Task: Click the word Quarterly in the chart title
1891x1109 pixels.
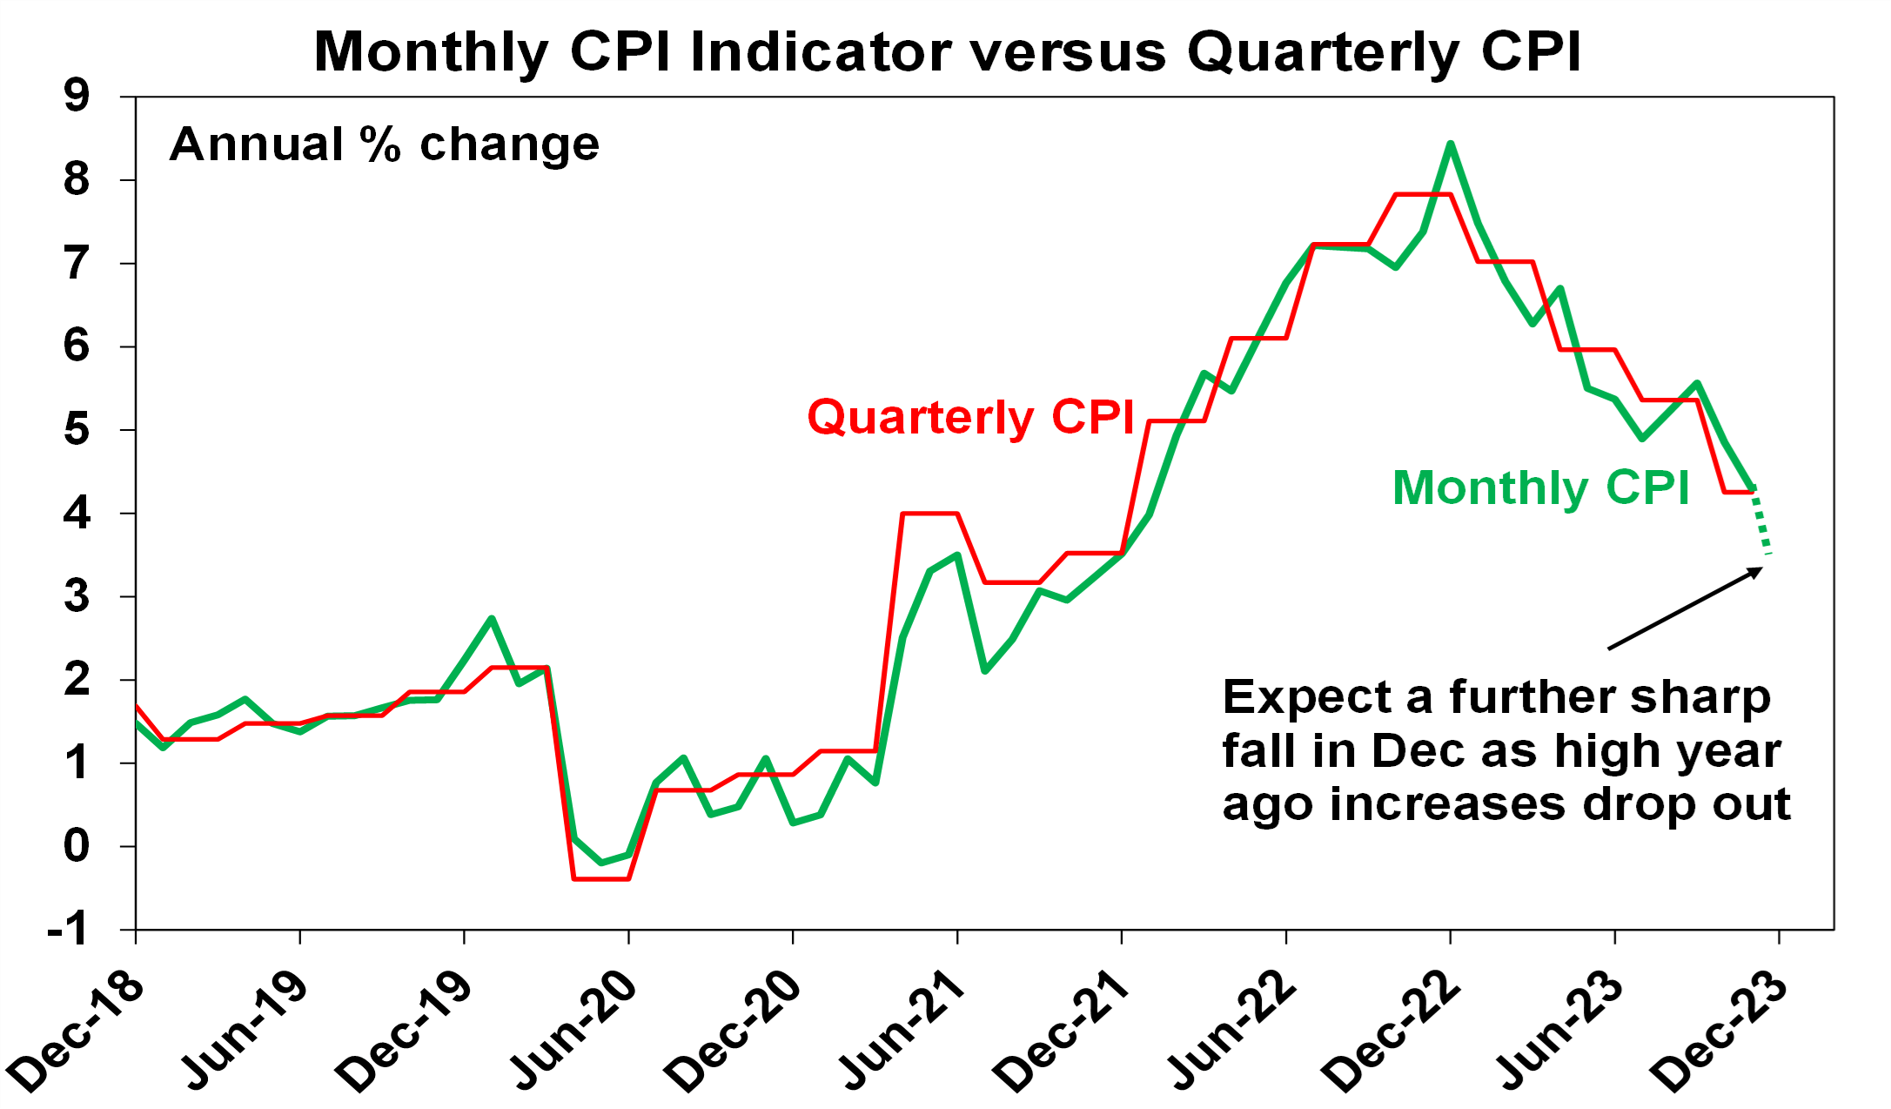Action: [x=1323, y=52]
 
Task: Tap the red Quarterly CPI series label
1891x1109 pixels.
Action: [x=970, y=417]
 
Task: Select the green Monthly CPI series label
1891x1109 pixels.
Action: [x=1540, y=487]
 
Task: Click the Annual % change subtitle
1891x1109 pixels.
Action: [x=384, y=144]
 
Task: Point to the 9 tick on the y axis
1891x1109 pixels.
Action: [x=77, y=95]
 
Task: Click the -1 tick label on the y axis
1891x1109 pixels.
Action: [x=68, y=930]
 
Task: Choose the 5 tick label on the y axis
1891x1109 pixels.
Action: [x=77, y=429]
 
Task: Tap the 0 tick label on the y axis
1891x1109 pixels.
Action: [x=77, y=845]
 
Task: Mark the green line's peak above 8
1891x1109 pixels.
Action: [x=1450, y=145]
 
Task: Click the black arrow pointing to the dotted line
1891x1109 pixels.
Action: [x=1684, y=608]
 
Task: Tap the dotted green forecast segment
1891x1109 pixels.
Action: [x=1761, y=522]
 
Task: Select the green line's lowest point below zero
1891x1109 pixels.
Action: [x=601, y=862]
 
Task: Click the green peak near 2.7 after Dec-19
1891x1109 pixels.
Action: [x=492, y=619]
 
